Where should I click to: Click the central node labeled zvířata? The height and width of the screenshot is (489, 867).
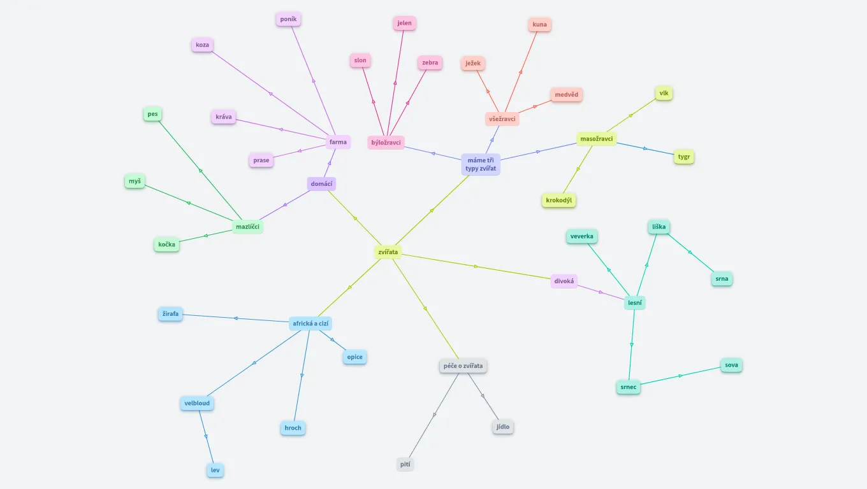click(388, 252)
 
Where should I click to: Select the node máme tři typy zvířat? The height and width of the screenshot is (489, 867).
click(481, 164)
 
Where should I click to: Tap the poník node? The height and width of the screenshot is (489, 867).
click(288, 19)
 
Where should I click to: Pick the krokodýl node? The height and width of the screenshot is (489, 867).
click(559, 201)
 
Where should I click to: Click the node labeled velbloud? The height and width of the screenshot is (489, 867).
click(197, 403)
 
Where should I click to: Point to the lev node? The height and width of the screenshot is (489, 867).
click(215, 471)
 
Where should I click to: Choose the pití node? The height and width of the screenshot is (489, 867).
click(405, 465)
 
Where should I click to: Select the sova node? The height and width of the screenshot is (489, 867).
click(732, 365)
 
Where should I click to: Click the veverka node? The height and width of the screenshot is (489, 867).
click(582, 236)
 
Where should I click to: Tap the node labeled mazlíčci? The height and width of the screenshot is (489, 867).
click(247, 227)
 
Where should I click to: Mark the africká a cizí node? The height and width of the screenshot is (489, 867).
click(310, 323)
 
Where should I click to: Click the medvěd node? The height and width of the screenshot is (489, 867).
click(566, 95)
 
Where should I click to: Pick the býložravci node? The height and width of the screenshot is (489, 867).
click(386, 143)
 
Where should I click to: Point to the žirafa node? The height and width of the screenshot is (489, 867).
click(170, 314)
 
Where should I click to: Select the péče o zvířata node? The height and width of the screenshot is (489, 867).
click(463, 366)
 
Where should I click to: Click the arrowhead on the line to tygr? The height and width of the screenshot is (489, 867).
click(645, 148)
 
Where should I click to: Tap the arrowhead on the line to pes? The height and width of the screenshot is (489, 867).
click(200, 171)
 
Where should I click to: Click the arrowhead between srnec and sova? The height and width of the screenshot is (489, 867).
click(681, 376)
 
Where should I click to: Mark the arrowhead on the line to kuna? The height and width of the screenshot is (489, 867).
click(521, 72)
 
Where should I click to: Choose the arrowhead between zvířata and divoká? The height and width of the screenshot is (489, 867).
click(476, 266)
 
